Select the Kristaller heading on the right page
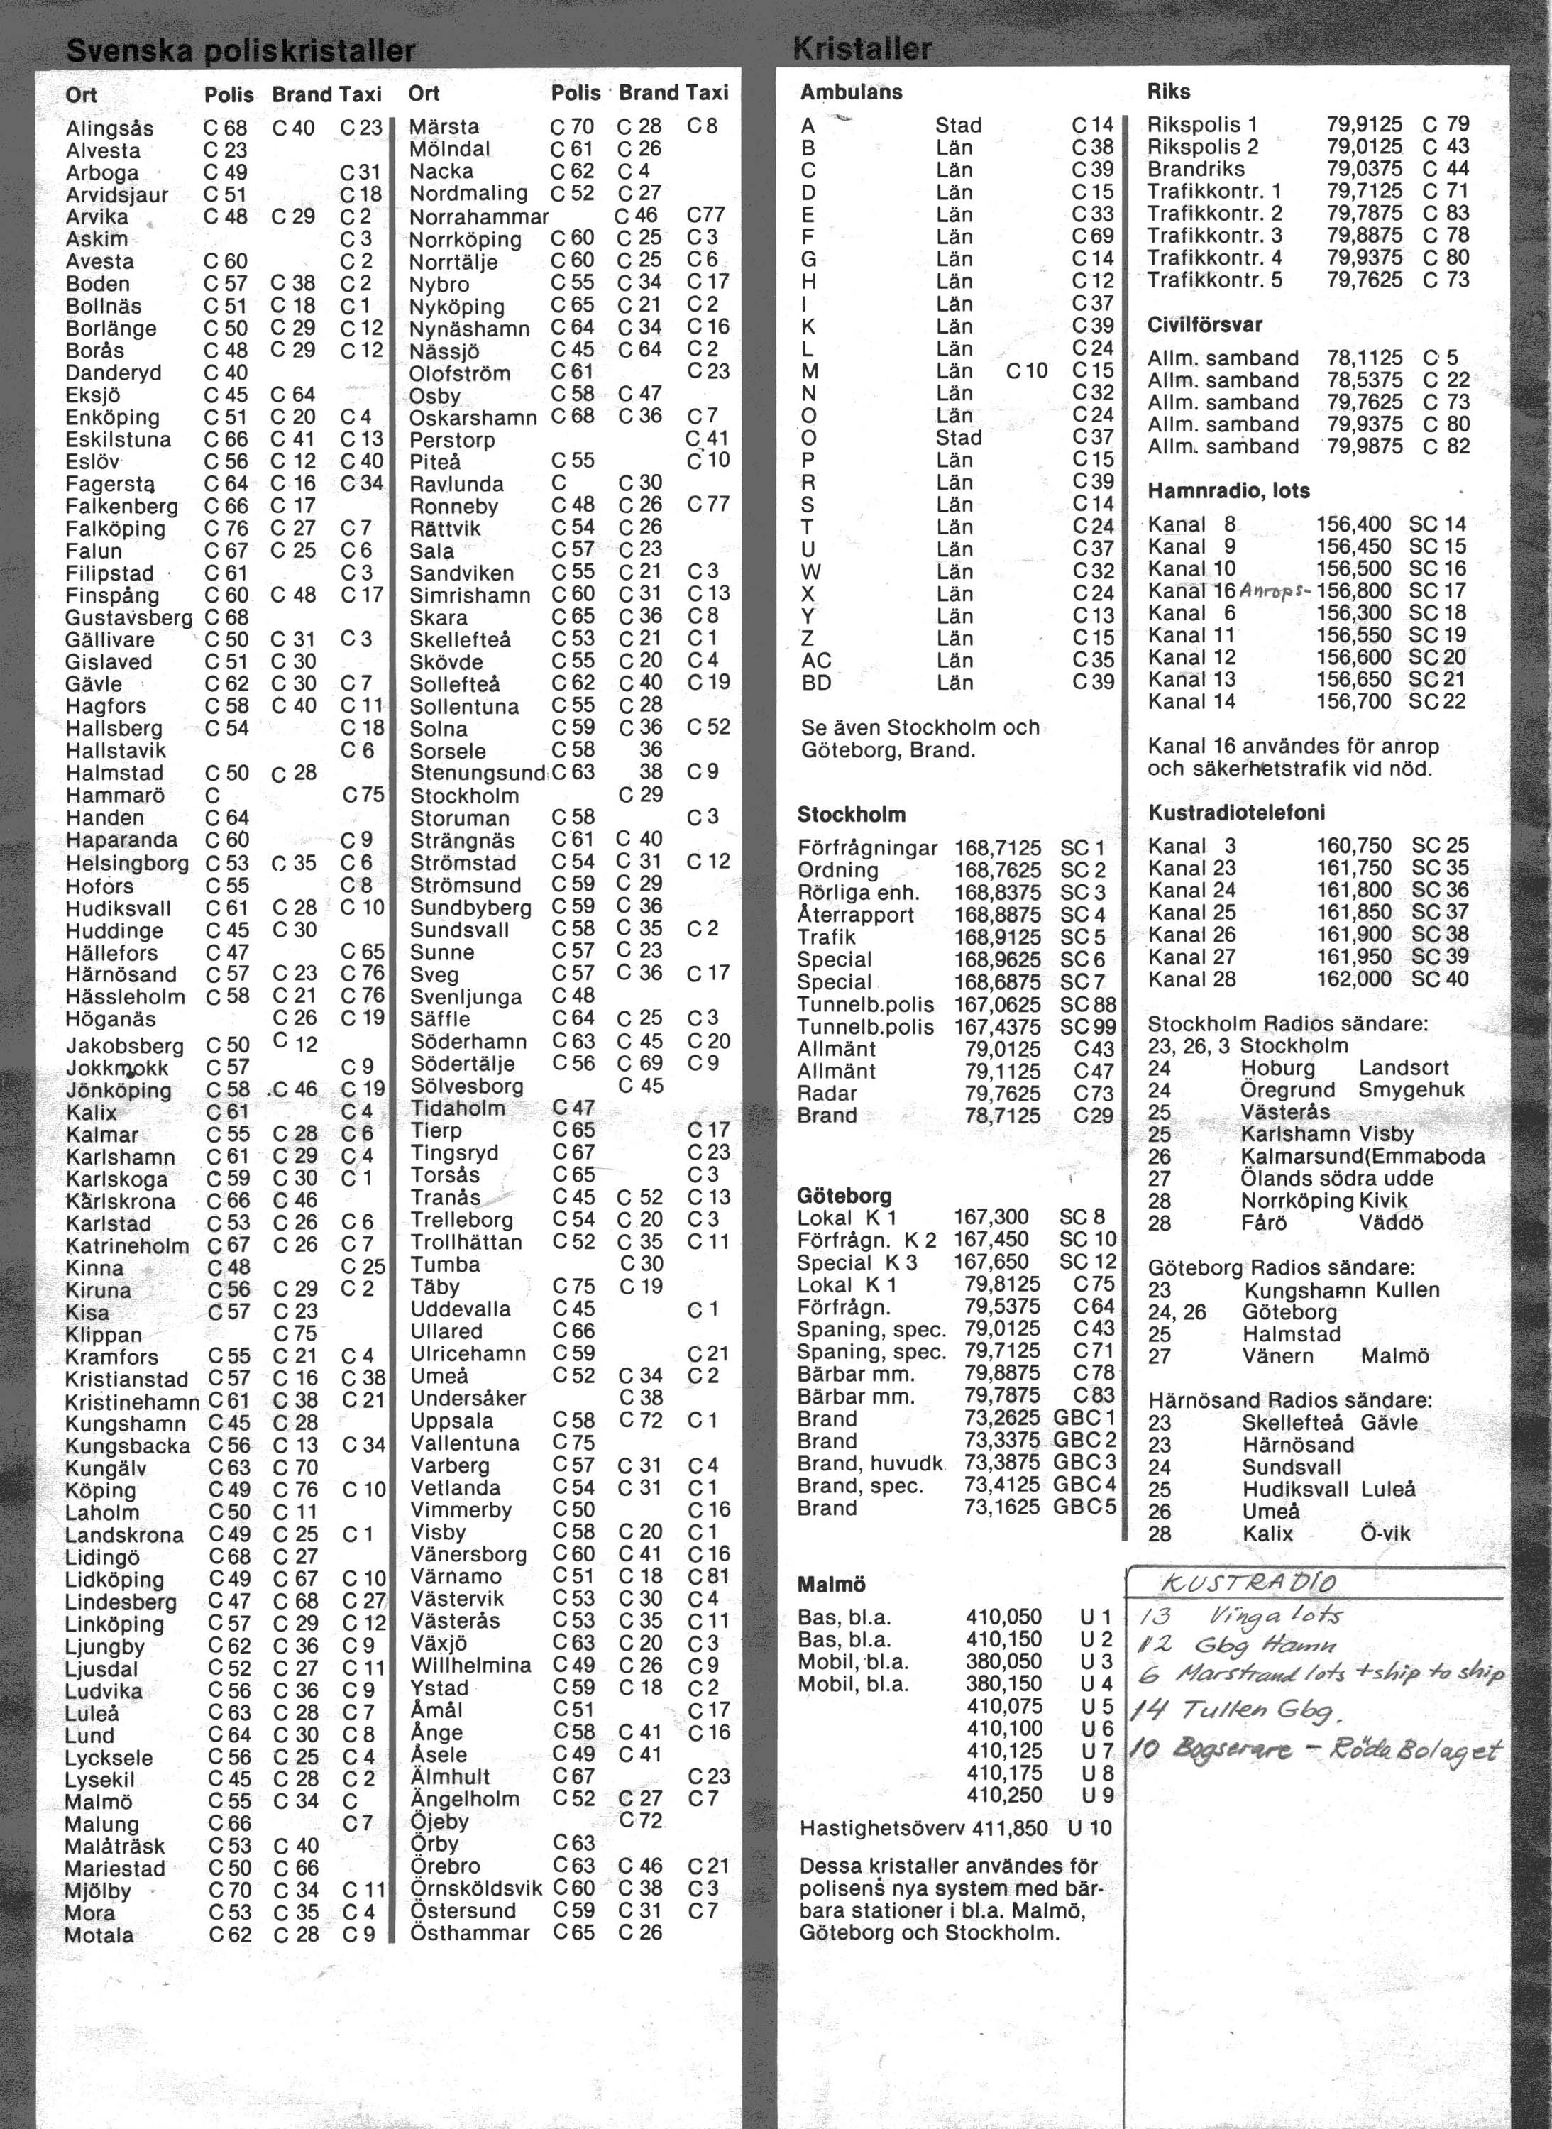(x=862, y=48)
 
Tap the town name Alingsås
(x=109, y=128)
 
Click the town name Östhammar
(x=470, y=1932)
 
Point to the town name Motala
(x=99, y=1935)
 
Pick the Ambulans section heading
(x=851, y=92)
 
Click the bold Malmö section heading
(x=830, y=1584)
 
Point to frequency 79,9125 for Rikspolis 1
(x=1364, y=124)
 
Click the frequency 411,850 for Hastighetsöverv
(x=1009, y=1827)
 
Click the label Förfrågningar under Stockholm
(x=867, y=847)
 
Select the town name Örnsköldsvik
(x=475, y=1888)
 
